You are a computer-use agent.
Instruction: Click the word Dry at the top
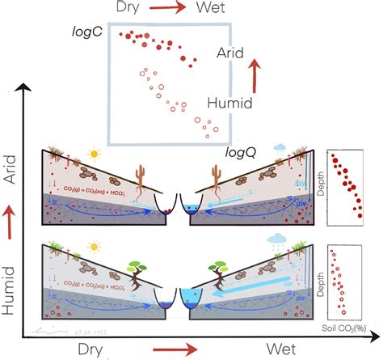(x=133, y=9)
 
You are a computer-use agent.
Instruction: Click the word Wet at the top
(x=217, y=9)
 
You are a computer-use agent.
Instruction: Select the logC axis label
(x=86, y=33)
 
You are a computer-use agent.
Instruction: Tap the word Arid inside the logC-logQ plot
(x=235, y=53)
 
